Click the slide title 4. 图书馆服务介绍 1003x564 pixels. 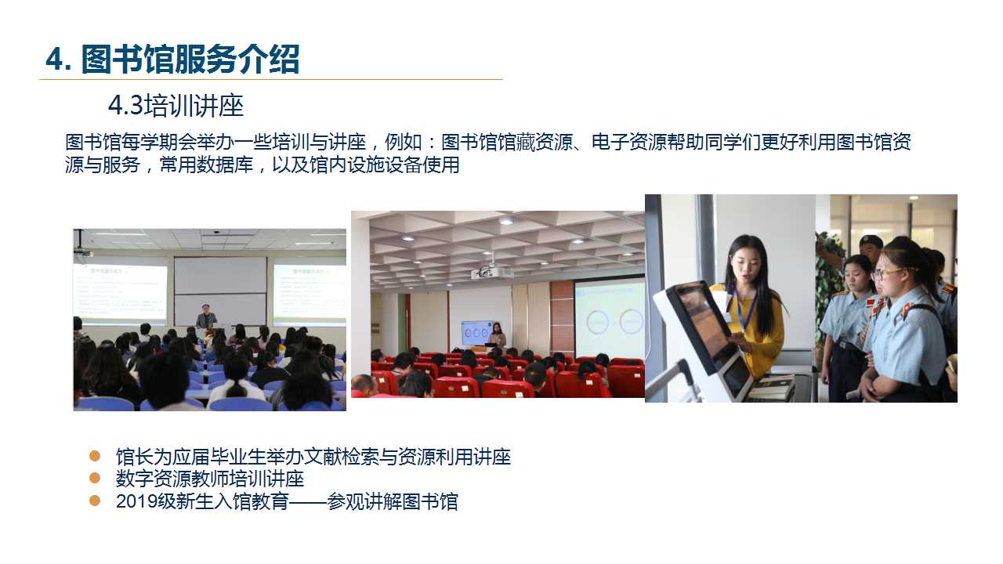tap(172, 59)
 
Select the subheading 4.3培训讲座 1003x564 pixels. tap(176, 106)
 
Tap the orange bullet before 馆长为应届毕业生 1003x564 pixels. tap(95, 456)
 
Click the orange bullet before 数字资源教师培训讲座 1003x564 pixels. tap(95, 478)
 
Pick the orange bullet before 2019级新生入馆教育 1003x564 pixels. tap(95, 501)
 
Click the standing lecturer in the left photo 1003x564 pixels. tap(206, 317)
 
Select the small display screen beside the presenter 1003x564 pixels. tap(476, 333)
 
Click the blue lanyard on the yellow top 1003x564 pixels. tap(744, 309)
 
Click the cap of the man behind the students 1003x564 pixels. tap(871, 241)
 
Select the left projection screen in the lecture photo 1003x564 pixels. tap(120, 292)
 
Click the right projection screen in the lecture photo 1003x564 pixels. tap(309, 293)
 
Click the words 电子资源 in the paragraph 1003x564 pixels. tap(628, 143)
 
